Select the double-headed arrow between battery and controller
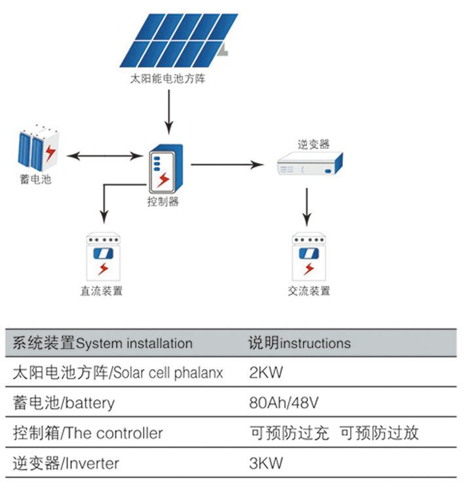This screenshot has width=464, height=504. (106, 156)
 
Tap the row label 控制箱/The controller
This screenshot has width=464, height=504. (88, 433)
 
